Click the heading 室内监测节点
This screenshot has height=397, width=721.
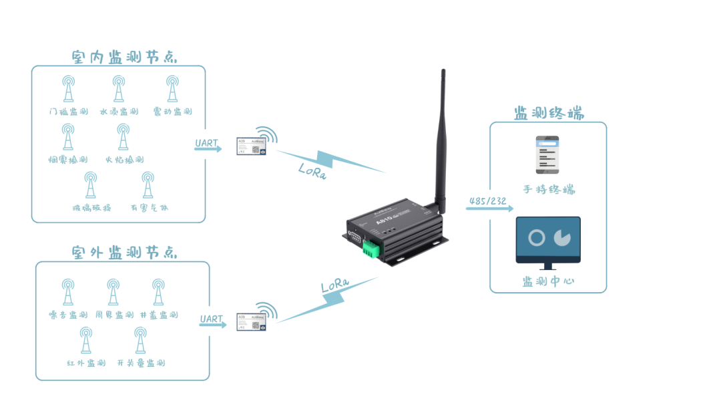coord(124,57)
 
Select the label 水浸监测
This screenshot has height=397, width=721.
coord(118,112)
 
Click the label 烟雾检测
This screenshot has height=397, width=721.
coord(68,160)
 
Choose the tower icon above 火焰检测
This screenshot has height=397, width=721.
coord(123,136)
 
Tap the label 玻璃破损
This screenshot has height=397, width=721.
coord(90,208)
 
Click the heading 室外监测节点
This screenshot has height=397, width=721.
coord(124,253)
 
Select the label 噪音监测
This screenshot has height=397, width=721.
coord(68,315)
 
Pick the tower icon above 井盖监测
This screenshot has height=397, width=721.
coord(158,292)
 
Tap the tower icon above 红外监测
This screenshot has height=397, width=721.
coord(86,340)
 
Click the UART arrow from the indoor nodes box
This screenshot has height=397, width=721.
coord(208,148)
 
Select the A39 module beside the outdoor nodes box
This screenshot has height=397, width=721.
coord(251,321)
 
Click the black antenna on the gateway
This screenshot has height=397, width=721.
coord(442,140)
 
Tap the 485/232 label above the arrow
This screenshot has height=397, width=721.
coord(488,201)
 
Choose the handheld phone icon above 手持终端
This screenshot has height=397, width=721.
coord(548,155)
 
